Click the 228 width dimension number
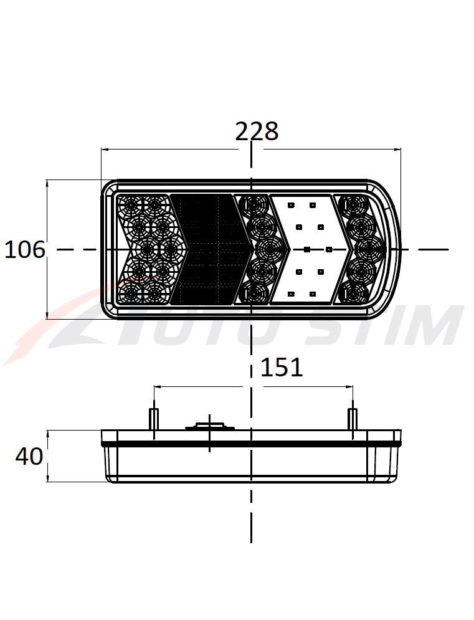coord(257,131)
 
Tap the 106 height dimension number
coord(25,250)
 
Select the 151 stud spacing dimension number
coord(282,368)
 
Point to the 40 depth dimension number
coord(29,456)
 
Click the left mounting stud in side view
coord(154,419)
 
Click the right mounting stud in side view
coord(353,419)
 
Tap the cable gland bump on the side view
coord(210,426)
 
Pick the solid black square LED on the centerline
coord(307,249)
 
